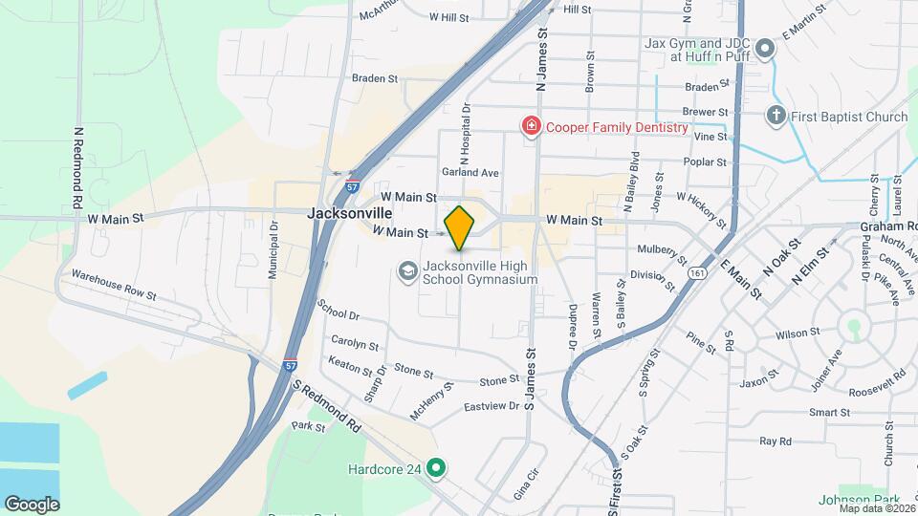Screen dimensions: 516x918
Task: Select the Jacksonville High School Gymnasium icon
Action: pyautogui.click(x=408, y=272)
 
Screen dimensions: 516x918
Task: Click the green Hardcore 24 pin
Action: pyautogui.click(x=437, y=468)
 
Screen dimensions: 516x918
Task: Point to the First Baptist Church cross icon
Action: pyautogui.click(x=776, y=117)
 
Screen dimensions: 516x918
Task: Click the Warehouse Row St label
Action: pyautogui.click(x=108, y=284)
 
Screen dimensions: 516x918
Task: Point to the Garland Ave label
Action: pyautogui.click(x=470, y=173)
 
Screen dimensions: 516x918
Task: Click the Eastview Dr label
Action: pyautogui.click(x=492, y=406)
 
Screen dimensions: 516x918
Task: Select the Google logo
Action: pyautogui.click(x=32, y=504)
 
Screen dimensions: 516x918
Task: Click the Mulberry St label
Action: pyautogui.click(x=662, y=253)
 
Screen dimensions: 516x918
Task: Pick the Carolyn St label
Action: pyautogui.click(x=355, y=341)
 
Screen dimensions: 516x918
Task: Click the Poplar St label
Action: pyautogui.click(x=707, y=162)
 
